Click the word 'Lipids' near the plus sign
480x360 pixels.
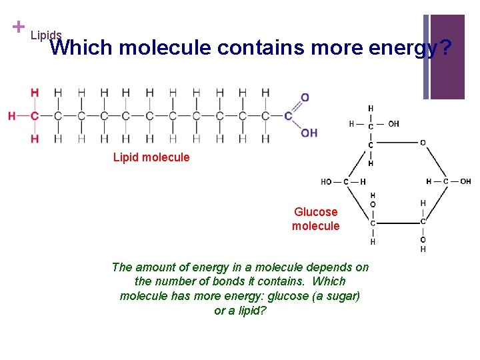point(46,35)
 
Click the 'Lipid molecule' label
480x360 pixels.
point(151,157)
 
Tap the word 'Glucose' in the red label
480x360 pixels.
point(315,212)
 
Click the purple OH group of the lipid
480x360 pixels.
point(309,133)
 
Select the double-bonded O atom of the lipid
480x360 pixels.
point(305,98)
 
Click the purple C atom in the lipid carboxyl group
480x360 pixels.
point(288,116)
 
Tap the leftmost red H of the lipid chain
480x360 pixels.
point(12,116)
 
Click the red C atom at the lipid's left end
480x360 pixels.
point(35,116)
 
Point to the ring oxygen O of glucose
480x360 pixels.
point(423,143)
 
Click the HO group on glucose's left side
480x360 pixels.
point(327,181)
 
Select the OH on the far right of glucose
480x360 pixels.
point(465,181)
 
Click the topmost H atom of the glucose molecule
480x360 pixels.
point(371,108)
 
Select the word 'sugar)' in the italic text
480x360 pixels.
point(342,296)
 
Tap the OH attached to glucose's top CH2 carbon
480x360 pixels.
point(393,123)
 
